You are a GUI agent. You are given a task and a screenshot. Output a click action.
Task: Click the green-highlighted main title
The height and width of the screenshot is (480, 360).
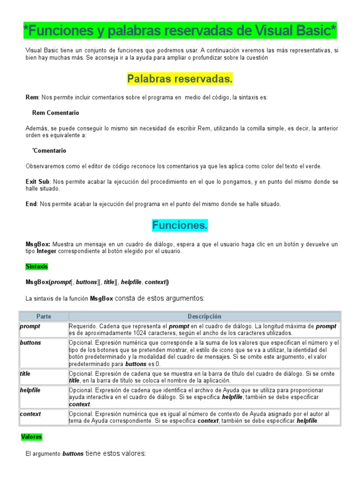(180, 31)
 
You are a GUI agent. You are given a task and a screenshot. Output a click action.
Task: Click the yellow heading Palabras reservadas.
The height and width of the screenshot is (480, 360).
(180, 79)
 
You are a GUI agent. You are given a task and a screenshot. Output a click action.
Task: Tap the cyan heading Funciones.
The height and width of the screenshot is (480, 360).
(180, 225)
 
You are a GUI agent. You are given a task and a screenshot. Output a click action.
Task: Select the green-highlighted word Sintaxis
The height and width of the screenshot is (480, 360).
(37, 267)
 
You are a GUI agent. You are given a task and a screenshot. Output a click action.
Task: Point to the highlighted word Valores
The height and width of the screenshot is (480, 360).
(31, 437)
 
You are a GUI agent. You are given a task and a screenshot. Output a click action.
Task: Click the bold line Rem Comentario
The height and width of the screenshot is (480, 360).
(55, 113)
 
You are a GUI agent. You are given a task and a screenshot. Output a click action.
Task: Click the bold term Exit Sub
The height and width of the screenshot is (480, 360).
(37, 181)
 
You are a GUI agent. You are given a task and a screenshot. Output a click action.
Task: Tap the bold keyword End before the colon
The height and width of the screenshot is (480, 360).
(31, 204)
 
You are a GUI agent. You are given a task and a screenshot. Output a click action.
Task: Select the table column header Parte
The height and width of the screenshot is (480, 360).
(44, 316)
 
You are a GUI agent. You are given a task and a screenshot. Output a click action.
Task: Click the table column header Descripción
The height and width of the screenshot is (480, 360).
(204, 316)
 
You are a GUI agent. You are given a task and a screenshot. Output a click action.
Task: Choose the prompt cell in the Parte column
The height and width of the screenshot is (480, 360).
(30, 326)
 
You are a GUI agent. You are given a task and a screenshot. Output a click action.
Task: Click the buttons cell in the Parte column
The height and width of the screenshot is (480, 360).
(30, 343)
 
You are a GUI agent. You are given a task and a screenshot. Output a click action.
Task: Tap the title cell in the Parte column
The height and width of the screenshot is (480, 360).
(25, 374)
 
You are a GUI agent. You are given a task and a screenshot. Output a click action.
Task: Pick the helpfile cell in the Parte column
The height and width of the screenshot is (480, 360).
(30, 390)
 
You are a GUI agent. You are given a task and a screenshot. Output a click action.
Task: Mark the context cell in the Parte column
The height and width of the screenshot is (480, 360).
(30, 414)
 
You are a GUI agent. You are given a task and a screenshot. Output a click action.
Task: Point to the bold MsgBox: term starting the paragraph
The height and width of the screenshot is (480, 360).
(38, 244)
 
